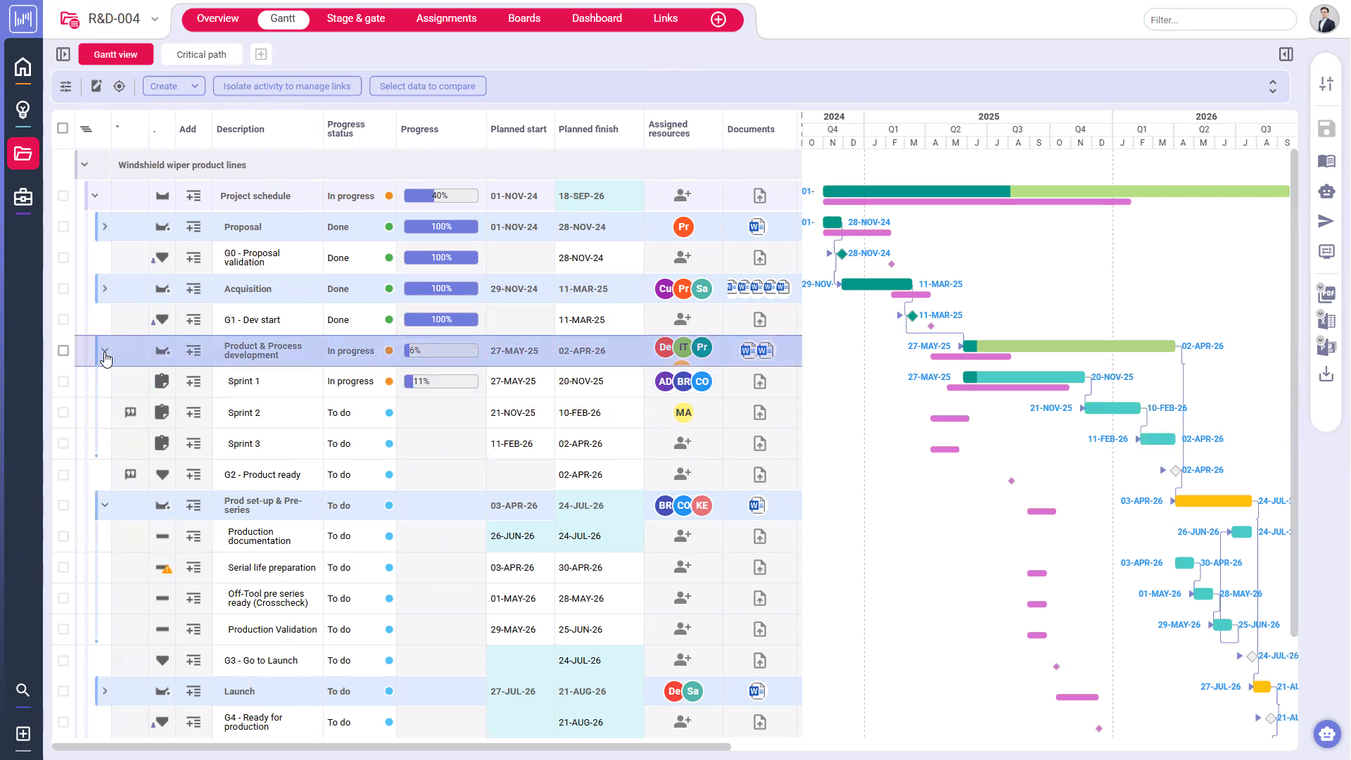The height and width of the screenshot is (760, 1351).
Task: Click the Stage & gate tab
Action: [x=355, y=18]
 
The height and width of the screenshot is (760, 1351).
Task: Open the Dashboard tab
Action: [x=596, y=18]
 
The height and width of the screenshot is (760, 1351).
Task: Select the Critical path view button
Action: [x=201, y=54]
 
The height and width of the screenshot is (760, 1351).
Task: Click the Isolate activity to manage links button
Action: [x=286, y=86]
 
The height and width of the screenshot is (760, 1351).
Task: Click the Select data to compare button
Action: [x=427, y=86]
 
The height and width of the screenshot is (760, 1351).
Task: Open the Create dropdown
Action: [x=173, y=86]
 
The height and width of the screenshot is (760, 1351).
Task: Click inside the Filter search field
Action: [x=1219, y=20]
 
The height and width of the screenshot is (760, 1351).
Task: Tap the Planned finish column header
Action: [x=588, y=129]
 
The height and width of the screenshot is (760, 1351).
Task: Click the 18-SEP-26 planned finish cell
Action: [x=581, y=196]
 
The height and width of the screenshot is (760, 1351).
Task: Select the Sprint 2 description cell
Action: [x=244, y=413]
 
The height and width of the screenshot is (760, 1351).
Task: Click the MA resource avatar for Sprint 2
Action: [x=683, y=412]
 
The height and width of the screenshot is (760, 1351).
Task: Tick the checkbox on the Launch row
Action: [x=63, y=691]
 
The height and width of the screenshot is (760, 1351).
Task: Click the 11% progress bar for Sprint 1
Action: [x=440, y=381]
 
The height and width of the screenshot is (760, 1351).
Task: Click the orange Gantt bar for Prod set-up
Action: [x=1212, y=501]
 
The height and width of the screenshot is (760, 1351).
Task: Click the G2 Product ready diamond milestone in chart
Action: [x=1175, y=470]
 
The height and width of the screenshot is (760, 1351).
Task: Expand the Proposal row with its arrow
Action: [x=105, y=227]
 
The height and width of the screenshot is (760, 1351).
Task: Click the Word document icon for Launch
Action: [x=756, y=691]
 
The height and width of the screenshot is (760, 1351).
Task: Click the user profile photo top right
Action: [x=1324, y=19]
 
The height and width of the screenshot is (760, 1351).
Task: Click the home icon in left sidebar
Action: [x=23, y=67]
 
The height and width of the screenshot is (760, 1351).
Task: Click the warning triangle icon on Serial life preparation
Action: [x=167, y=569]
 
